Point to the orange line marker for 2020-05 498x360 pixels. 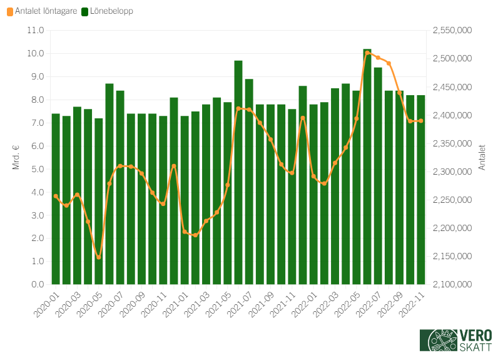(98, 257)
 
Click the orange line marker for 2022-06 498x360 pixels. (367, 53)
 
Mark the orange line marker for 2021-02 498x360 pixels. (195, 235)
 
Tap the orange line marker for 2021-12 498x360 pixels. (303, 118)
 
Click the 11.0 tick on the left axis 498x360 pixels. (36, 30)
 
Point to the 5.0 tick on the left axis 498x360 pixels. (36, 169)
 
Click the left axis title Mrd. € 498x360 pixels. (16, 157)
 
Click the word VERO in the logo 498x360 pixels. (475, 335)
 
